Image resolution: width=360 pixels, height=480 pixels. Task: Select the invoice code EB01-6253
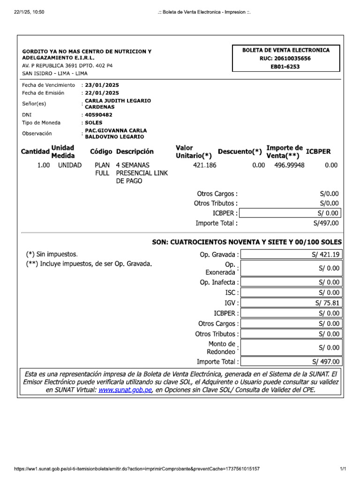[285, 67]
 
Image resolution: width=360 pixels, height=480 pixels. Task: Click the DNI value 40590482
[98, 114]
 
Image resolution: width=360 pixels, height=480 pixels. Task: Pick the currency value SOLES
[93, 123]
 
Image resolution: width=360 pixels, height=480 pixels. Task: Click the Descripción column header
[135, 152]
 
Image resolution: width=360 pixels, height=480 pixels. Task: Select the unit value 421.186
[205, 165]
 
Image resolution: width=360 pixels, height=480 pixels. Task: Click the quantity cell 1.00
[44, 165]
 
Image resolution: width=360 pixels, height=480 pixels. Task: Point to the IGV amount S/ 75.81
[327, 303]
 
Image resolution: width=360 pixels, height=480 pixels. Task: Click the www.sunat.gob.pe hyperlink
[125, 390]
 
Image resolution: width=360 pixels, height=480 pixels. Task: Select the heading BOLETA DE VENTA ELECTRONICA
[285, 50]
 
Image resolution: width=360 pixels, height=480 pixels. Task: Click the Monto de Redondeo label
[221, 348]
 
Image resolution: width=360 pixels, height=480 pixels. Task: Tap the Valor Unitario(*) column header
[194, 152]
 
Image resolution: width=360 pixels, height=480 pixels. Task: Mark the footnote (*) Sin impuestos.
[52, 254]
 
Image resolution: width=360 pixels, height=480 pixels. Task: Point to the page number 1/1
[343, 469]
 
